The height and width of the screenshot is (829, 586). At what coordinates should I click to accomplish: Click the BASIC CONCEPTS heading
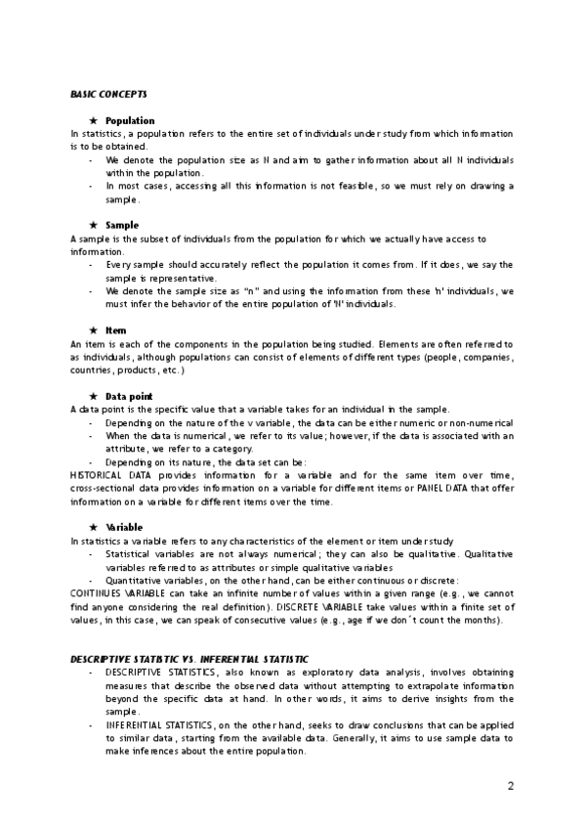click(108, 94)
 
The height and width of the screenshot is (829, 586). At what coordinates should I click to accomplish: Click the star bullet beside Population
click(92, 120)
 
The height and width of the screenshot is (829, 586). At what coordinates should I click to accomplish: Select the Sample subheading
click(121, 225)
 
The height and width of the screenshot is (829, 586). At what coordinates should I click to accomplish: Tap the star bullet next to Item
click(92, 330)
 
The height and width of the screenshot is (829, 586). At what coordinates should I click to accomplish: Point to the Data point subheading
click(129, 396)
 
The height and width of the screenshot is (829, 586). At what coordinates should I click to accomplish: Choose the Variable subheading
click(124, 527)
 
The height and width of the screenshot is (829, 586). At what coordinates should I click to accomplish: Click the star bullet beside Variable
click(92, 527)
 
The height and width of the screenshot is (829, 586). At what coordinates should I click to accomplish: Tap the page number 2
click(511, 786)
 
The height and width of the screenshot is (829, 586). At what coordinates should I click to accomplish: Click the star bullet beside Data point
click(92, 396)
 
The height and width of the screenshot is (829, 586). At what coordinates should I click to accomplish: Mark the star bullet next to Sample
click(92, 225)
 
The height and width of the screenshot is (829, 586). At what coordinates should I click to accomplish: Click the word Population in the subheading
click(130, 120)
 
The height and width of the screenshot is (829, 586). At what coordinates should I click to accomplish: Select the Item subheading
click(115, 330)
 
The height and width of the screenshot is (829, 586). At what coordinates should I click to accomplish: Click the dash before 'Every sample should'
click(92, 265)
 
